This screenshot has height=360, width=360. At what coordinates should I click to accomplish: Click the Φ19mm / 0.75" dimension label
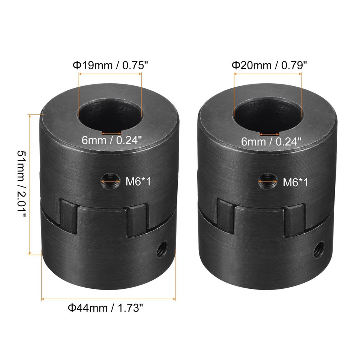tap(110, 65)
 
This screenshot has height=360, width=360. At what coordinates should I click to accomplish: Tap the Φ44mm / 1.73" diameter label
tap(106, 308)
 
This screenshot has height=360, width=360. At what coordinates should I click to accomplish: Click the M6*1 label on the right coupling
tap(295, 183)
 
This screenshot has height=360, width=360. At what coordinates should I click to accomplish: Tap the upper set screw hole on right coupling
tap(267, 182)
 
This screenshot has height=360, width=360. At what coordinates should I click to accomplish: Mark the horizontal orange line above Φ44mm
tap(108, 299)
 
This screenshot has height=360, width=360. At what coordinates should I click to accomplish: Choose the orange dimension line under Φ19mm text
tap(110, 75)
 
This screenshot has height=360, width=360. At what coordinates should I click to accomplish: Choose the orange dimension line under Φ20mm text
tap(268, 75)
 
